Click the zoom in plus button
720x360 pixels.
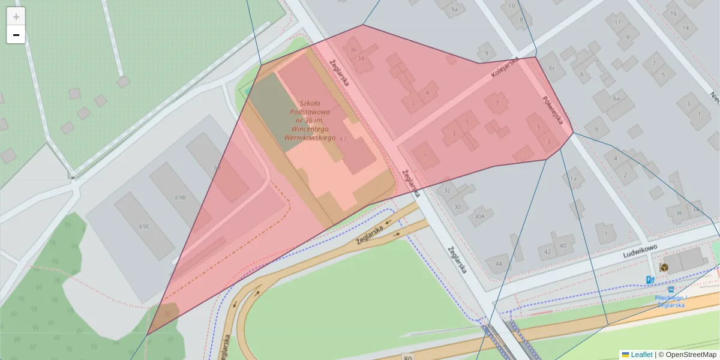click(x=16, y=17)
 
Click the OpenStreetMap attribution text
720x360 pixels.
click(x=691, y=355)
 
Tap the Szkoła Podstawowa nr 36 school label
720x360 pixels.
click(x=311, y=120)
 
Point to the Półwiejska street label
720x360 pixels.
click(x=553, y=110)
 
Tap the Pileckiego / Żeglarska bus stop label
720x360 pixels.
click(x=671, y=301)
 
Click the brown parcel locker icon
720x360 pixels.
click(x=664, y=267)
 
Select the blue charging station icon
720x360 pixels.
click(x=650, y=280)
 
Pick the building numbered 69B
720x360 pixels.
click(x=179, y=197)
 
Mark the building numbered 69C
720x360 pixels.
click(x=144, y=226)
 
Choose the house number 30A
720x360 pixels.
click(x=479, y=217)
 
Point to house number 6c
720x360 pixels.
click(x=553, y=68)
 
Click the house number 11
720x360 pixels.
click(x=617, y=22)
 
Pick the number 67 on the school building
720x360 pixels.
click(x=343, y=139)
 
